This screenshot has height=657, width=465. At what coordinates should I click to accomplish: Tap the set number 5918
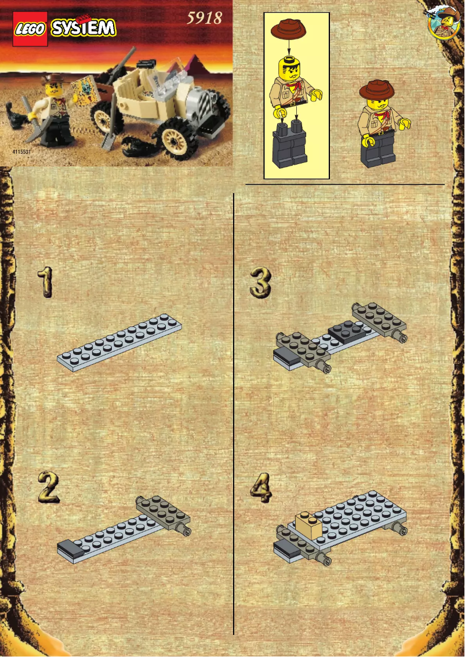[204, 19]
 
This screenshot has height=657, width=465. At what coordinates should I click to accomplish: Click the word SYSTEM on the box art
[82, 27]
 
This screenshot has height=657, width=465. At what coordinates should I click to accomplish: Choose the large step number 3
[260, 282]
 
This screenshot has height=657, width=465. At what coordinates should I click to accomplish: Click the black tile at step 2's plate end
[70, 548]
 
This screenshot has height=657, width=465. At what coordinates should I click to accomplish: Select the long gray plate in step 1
[120, 342]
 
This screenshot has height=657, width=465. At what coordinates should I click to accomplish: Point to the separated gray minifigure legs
[290, 145]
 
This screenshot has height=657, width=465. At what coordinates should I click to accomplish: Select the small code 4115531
[21, 151]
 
